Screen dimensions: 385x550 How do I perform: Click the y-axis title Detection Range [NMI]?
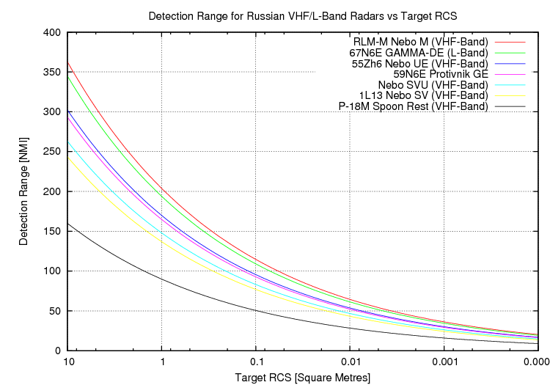pos(25,191)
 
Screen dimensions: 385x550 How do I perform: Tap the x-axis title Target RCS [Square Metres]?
pos(303,377)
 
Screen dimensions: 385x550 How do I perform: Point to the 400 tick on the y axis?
pos(52,32)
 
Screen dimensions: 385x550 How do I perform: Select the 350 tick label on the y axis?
pos(52,72)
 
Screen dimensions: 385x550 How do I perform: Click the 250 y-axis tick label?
pos(52,152)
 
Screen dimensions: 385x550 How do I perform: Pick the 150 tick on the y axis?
pos(52,231)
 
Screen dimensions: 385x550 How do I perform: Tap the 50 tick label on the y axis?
pos(55,311)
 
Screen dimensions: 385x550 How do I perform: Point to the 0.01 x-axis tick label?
pos(350,362)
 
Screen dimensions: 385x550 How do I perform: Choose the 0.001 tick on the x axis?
pos(444,362)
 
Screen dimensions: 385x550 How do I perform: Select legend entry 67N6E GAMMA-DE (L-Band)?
pos(418,53)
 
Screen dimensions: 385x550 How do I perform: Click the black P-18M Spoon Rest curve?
pos(161,277)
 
